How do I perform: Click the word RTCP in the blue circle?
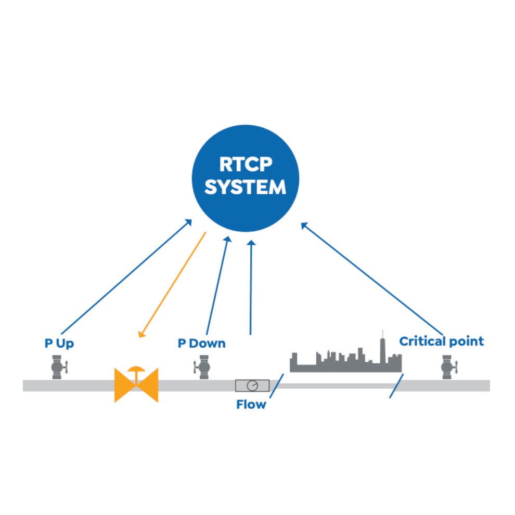[246, 164]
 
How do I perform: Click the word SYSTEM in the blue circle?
[246, 187]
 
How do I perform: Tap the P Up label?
[59, 343]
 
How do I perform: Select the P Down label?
[202, 343]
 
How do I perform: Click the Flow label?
[251, 405]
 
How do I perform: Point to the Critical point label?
[441, 341]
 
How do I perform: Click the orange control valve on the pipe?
[136, 384]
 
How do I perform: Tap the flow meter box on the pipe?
[252, 386]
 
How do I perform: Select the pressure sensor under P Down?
[202, 367]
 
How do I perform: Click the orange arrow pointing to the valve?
[172, 285]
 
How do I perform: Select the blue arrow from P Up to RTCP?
[126, 276]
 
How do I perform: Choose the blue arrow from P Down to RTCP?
[218, 285]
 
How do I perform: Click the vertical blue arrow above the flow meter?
[251, 287]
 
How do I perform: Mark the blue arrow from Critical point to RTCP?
[372, 279]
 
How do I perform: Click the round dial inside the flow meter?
[252, 386]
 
